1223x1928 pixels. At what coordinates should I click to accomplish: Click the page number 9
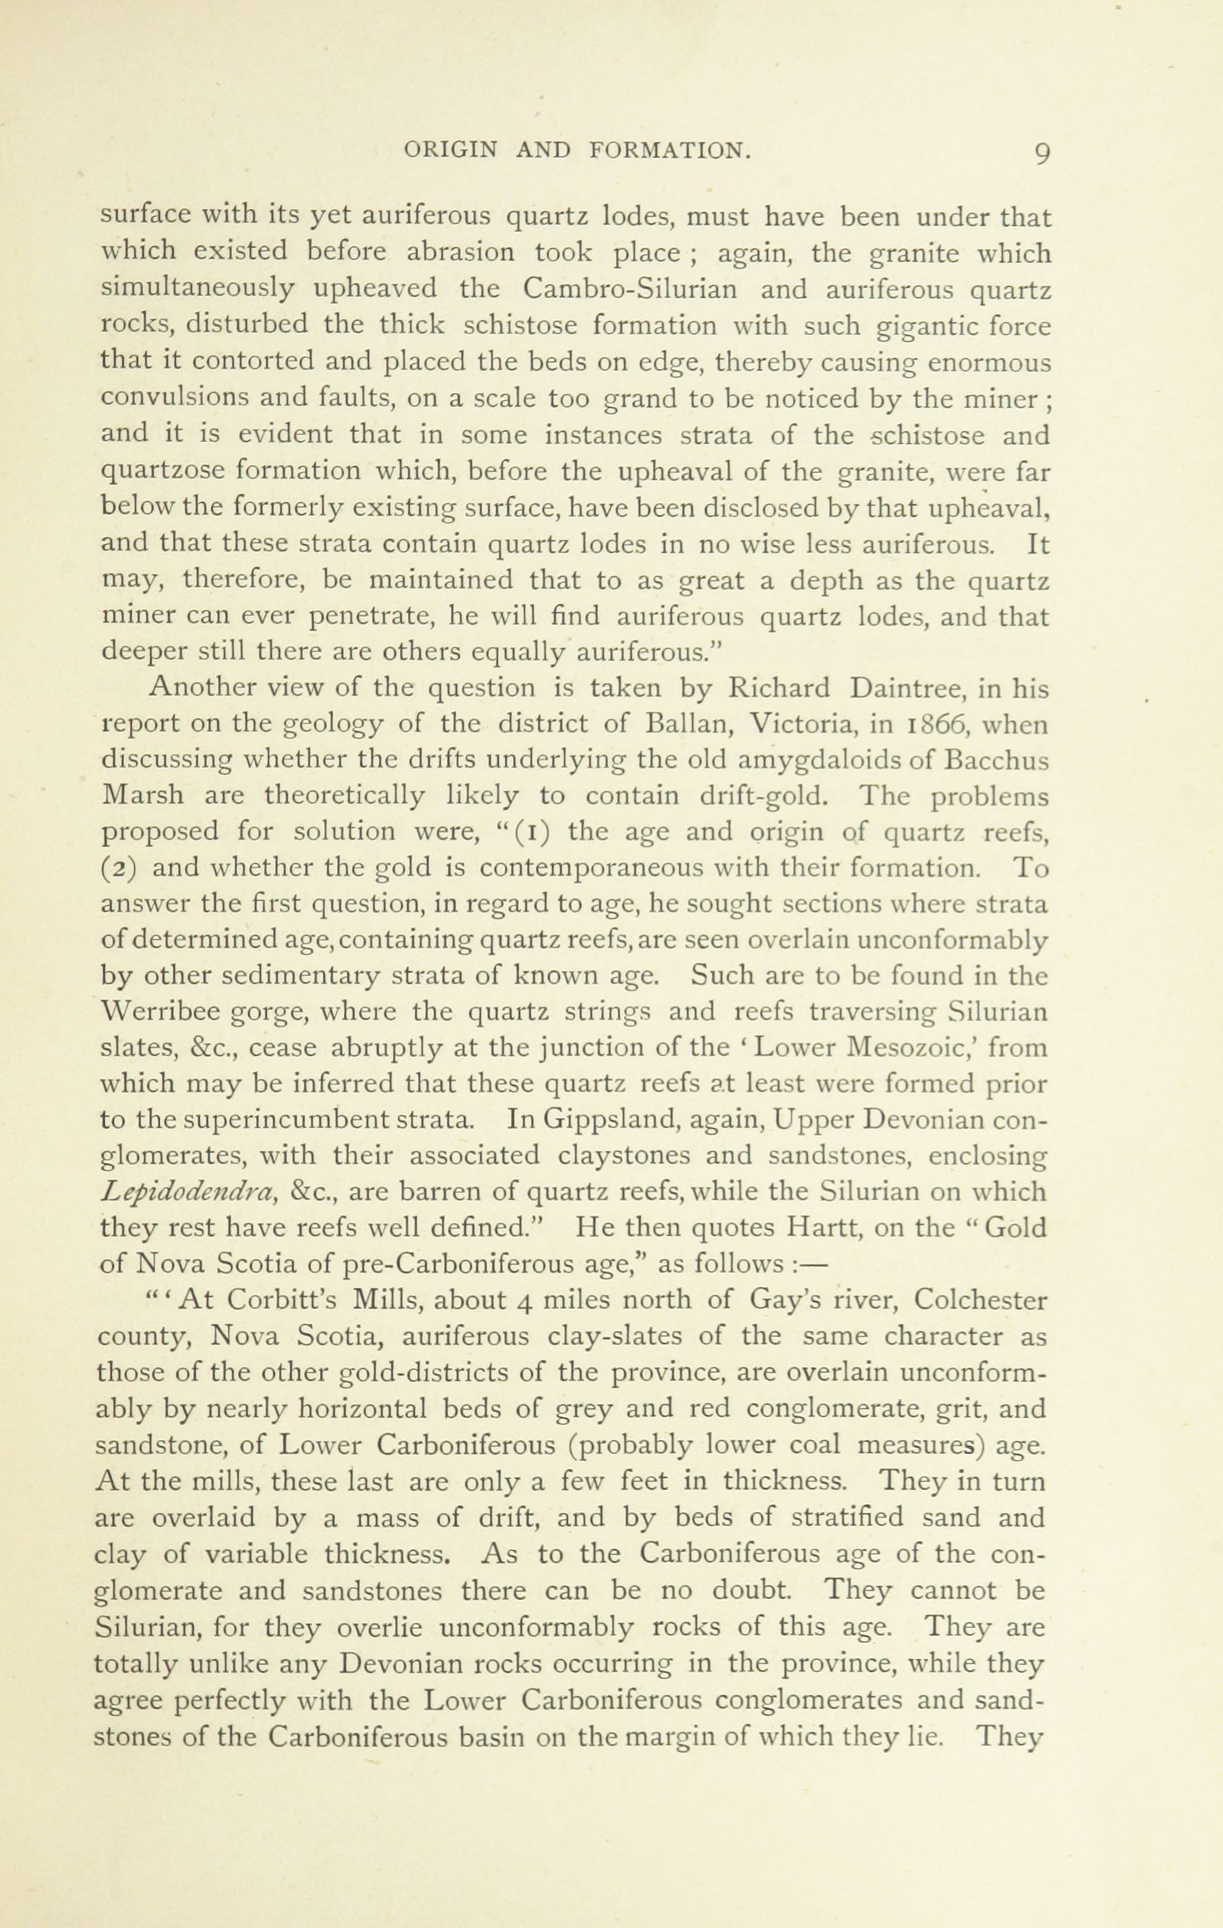pos(1041,152)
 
